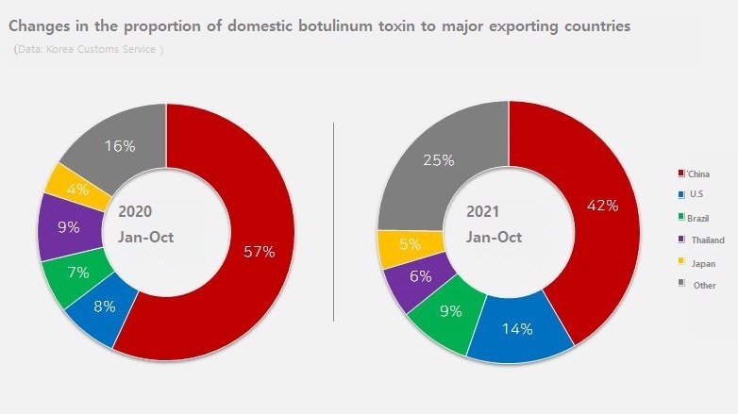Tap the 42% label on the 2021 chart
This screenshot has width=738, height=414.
(x=600, y=206)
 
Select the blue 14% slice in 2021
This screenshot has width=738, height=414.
(x=518, y=329)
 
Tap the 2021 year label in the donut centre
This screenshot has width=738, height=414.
(x=484, y=213)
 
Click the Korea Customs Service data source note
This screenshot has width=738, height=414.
(x=90, y=49)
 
